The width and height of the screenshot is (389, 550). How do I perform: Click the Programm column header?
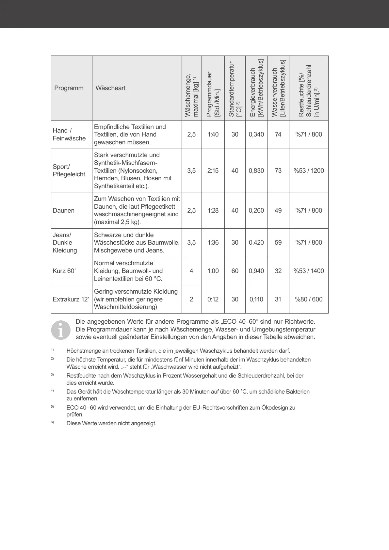(69, 88)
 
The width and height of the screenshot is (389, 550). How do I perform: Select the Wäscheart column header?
(111, 88)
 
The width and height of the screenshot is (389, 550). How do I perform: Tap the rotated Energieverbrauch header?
(256, 88)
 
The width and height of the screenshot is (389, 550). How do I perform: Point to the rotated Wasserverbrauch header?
(278, 88)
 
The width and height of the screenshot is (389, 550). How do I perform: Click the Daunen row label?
(64, 211)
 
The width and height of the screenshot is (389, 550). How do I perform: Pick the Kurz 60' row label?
(64, 271)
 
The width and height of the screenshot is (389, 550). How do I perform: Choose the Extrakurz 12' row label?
(71, 299)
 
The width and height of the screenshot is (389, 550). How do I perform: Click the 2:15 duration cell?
(213, 170)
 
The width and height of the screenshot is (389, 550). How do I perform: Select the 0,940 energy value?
(256, 271)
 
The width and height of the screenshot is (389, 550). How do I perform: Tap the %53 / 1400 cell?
(309, 271)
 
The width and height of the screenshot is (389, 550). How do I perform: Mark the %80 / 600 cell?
(309, 299)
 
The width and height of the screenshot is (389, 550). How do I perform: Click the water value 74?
(278, 135)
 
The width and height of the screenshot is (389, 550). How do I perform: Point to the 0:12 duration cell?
(213, 299)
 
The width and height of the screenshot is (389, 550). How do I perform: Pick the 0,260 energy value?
(256, 211)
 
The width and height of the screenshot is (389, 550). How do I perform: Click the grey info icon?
(61, 330)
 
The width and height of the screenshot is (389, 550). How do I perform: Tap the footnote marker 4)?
(52, 390)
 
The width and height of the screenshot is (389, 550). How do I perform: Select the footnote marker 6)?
(52, 422)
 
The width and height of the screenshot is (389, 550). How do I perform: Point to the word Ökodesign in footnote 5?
(273, 408)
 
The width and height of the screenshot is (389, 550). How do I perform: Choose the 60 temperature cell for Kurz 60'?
(235, 271)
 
